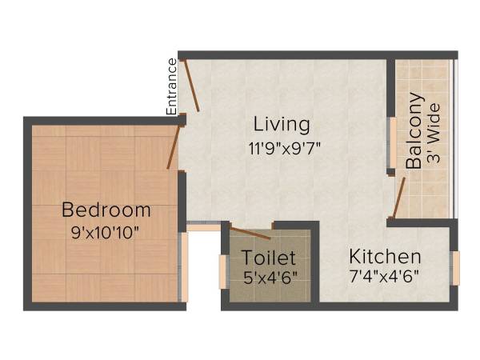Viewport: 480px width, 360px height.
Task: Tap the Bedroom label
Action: click(106, 210)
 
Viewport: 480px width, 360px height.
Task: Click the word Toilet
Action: click(270, 258)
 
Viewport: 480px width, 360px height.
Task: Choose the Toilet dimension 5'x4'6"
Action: click(270, 279)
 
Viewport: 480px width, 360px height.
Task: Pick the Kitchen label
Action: click(385, 257)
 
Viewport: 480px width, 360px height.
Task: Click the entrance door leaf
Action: click(191, 84)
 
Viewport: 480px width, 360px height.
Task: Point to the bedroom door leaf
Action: click(174, 146)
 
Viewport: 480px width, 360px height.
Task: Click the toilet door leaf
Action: click(250, 233)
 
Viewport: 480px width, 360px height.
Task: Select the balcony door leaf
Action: click(399, 198)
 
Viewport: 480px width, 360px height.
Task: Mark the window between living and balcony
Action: click(391, 145)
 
